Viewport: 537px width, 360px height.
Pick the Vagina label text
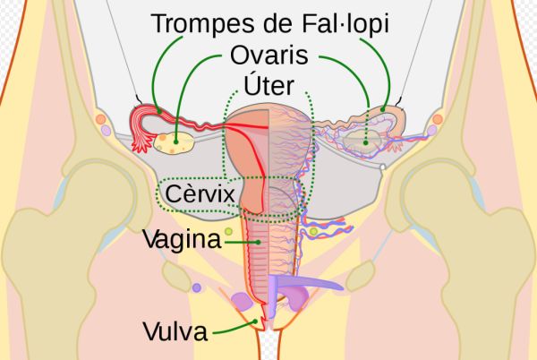pyautogui.click(x=182, y=240)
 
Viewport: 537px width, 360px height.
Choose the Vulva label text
pyautogui.click(x=175, y=332)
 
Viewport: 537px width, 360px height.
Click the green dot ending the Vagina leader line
pyautogui.click(x=258, y=240)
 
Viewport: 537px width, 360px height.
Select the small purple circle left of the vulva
pyautogui.click(x=196, y=288)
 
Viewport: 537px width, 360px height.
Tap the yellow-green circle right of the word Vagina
pyautogui.click(x=229, y=232)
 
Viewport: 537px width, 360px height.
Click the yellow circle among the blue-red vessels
pyautogui.click(x=313, y=234)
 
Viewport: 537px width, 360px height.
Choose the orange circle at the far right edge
pyautogui.click(x=438, y=119)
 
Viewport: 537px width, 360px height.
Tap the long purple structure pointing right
pyautogui.click(x=309, y=285)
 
